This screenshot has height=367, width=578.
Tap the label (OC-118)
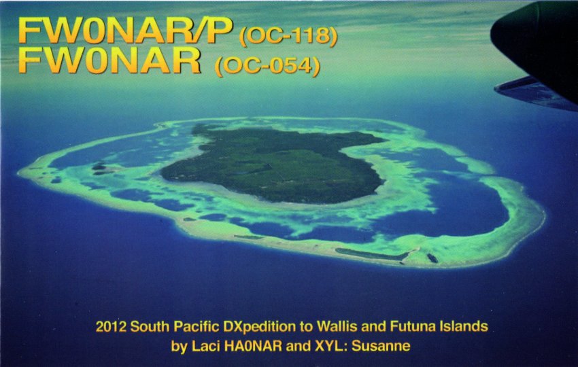click(288, 37)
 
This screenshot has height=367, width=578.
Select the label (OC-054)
click(267, 67)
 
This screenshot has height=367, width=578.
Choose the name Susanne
click(381, 347)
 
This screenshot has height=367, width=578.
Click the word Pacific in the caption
click(197, 326)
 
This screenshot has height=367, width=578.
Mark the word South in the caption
click(150, 326)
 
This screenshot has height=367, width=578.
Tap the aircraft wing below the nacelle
click(534, 93)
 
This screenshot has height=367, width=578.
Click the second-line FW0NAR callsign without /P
click(109, 60)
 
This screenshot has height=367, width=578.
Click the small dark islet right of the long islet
click(432, 258)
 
